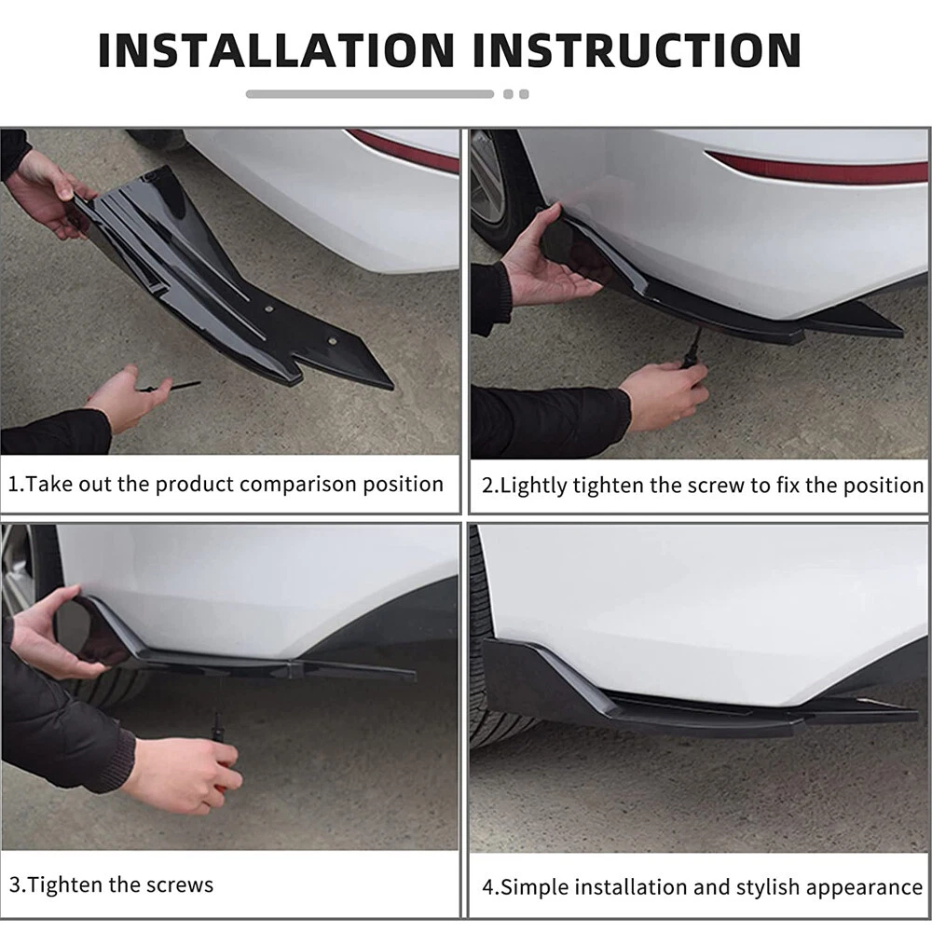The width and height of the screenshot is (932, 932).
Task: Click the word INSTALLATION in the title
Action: click(x=277, y=50)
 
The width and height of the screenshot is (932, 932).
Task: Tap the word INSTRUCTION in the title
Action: click(x=637, y=50)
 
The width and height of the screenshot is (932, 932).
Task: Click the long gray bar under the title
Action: click(x=370, y=94)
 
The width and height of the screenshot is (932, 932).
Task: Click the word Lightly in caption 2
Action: click(x=533, y=487)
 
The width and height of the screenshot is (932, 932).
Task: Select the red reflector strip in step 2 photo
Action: click(x=818, y=168)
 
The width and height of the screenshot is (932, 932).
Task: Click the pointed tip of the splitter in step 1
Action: click(x=393, y=388)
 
